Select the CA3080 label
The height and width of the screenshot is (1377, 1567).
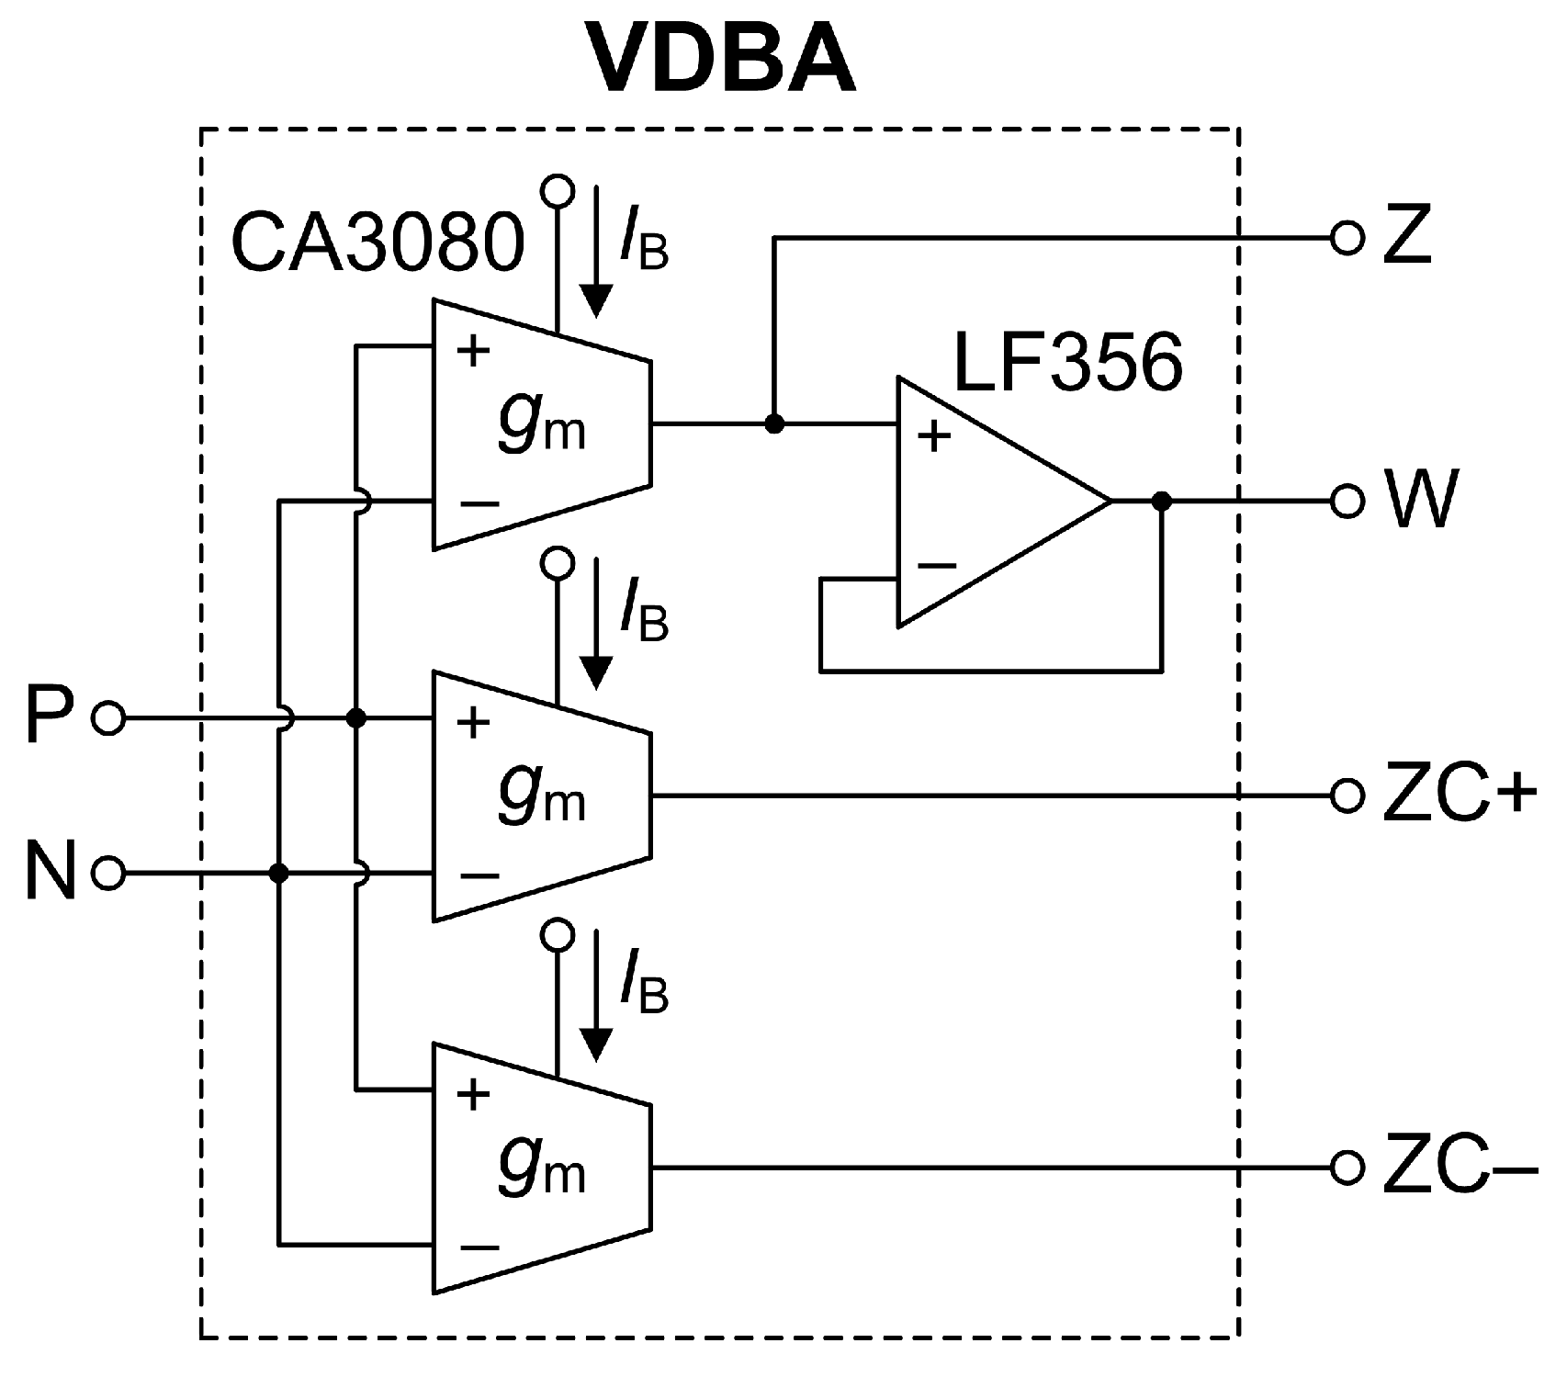pyautogui.click(x=378, y=243)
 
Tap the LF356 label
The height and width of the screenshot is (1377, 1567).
pyautogui.click(x=1068, y=362)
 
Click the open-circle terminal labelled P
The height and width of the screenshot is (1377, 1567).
pyautogui.click(x=108, y=718)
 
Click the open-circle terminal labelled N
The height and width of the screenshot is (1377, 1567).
pyautogui.click(x=108, y=873)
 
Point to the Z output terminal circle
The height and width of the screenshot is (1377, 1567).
pyautogui.click(x=1347, y=238)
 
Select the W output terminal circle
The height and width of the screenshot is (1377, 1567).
pyautogui.click(x=1347, y=502)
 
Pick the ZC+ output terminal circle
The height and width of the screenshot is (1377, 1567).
pyautogui.click(x=1347, y=796)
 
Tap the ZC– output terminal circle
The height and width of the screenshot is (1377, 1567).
pyautogui.click(x=1347, y=1168)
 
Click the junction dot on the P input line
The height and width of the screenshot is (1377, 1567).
pyautogui.click(x=356, y=718)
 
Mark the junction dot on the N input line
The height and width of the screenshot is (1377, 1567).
pyautogui.click(x=279, y=873)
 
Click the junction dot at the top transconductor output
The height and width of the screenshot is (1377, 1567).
pyautogui.click(x=774, y=424)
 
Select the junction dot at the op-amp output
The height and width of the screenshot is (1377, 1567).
pyautogui.click(x=1162, y=502)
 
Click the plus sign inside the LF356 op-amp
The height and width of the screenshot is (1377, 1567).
pyautogui.click(x=934, y=437)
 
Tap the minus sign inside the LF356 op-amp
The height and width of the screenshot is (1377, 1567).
pyautogui.click(x=936, y=565)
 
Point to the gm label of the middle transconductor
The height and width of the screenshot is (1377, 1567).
pyautogui.click(x=542, y=794)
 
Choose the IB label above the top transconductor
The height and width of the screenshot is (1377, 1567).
pyautogui.click(x=645, y=242)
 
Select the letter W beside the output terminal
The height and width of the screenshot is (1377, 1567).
pyautogui.click(x=1425, y=502)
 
